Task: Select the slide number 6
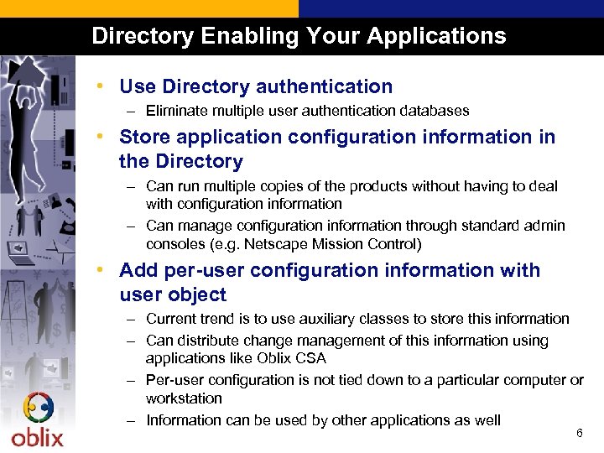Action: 579,433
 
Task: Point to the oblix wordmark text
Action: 37,437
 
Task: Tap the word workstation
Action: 184,398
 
